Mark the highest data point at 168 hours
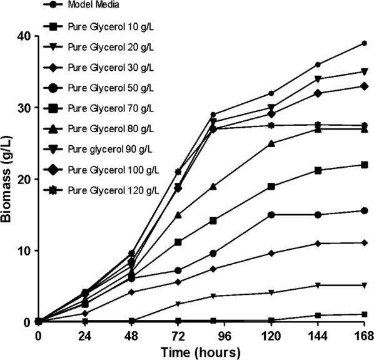[365, 43]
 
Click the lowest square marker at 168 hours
[365, 314]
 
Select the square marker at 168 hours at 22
[365, 165]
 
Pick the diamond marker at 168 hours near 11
[365, 243]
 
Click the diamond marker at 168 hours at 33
[365, 86]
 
